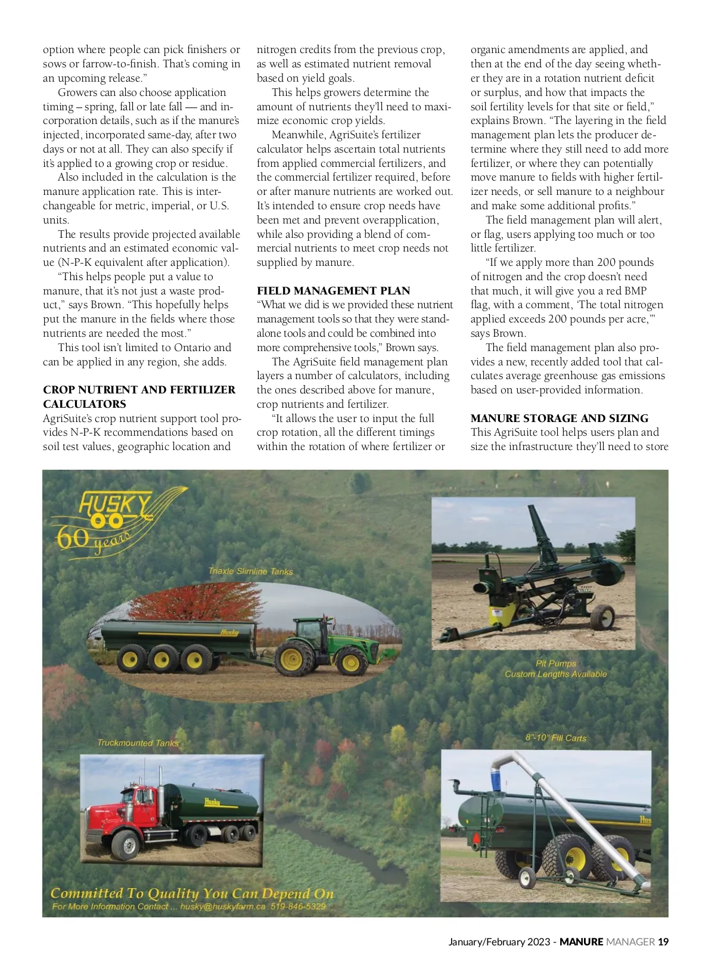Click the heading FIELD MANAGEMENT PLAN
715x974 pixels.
(333, 291)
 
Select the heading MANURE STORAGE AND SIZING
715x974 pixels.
(559, 418)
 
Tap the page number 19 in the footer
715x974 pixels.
(663, 942)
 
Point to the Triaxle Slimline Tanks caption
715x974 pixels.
(250, 571)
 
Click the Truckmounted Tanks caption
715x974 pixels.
(138, 743)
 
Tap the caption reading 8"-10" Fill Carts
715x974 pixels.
(555, 738)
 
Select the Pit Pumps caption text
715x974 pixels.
(555, 663)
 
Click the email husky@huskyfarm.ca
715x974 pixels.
(222, 907)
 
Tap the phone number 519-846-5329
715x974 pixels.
(298, 907)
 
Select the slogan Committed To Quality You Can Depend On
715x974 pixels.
(192, 893)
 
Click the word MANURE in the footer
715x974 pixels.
(581, 942)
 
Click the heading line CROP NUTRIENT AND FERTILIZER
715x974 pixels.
(139, 390)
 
